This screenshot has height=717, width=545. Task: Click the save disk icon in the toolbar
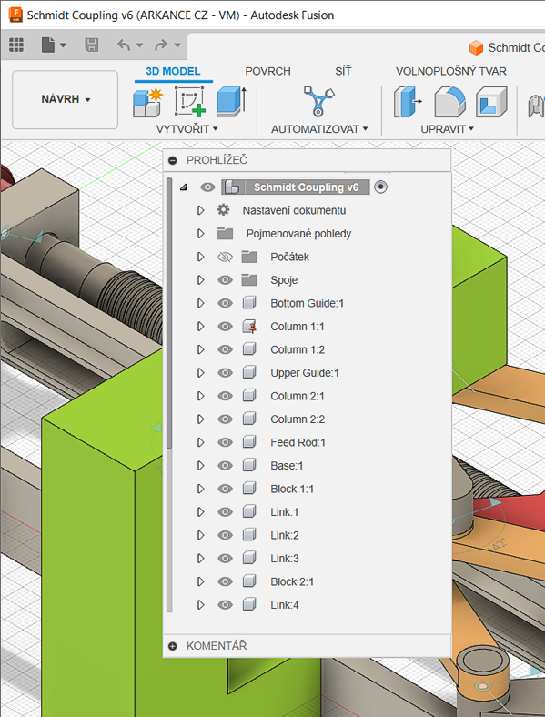click(x=92, y=45)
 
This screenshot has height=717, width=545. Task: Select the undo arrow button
click(x=124, y=45)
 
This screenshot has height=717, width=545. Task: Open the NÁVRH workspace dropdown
click(x=66, y=99)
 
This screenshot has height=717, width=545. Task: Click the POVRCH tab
click(x=267, y=71)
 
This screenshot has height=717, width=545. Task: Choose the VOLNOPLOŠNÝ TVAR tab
click(x=451, y=71)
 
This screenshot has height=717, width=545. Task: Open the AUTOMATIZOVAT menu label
click(x=319, y=129)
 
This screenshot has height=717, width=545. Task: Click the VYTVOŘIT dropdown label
click(x=187, y=129)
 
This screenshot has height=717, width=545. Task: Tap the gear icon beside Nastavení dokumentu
click(x=223, y=210)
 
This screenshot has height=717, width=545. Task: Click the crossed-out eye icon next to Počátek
click(x=225, y=257)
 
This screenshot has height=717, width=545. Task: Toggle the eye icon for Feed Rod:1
click(x=225, y=442)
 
